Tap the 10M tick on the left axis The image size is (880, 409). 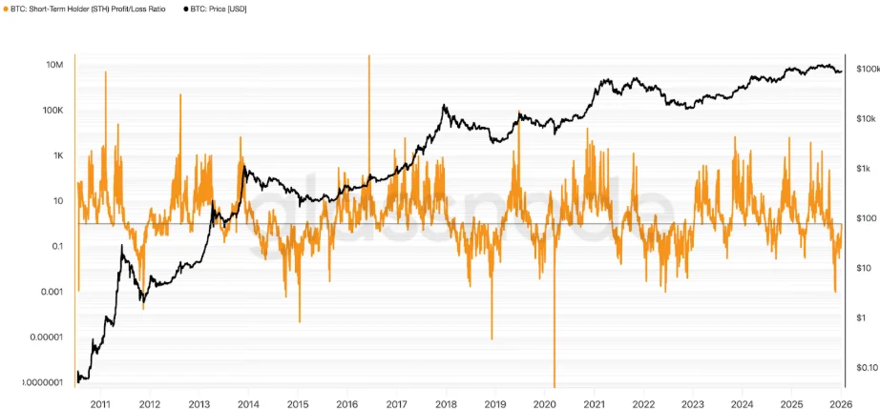pyautogui.click(x=54, y=65)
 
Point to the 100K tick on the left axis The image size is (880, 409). pyautogui.click(x=52, y=111)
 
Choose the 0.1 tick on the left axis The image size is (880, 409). pyautogui.click(x=56, y=246)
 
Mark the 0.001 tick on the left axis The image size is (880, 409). pyautogui.click(x=52, y=292)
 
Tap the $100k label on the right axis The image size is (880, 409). pyautogui.click(x=867, y=70)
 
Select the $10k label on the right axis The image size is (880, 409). pyautogui.click(x=865, y=119)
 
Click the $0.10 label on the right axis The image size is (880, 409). pyautogui.click(x=866, y=367)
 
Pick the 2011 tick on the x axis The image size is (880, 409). pyautogui.click(x=99, y=403)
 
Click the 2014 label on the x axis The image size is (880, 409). pyautogui.click(x=247, y=403)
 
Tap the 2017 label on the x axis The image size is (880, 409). pyautogui.click(x=396, y=403)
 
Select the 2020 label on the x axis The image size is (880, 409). pyautogui.click(x=544, y=403)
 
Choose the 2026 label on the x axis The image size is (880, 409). pyautogui.click(x=841, y=403)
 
